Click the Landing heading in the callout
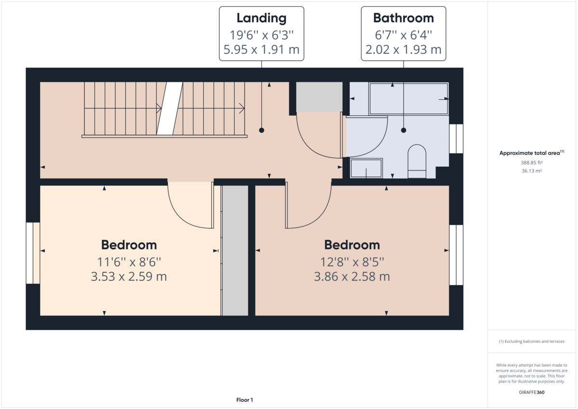point(261,18)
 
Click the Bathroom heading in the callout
point(404,18)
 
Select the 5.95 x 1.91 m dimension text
point(261,49)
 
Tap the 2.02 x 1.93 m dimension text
point(404,49)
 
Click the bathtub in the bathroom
point(408,99)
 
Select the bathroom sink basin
point(366,168)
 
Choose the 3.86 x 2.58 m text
point(352,277)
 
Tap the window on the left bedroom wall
point(33,253)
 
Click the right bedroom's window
point(456,255)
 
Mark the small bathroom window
point(456,139)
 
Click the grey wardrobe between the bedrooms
point(235,251)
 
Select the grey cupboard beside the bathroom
point(319,97)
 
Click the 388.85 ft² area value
point(531,163)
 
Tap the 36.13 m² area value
point(531,171)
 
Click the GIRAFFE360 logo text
point(532,392)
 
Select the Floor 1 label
point(245,400)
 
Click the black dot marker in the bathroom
point(404,130)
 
